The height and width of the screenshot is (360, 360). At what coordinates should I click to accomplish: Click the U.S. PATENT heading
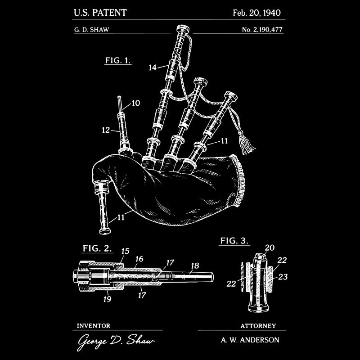(100, 13)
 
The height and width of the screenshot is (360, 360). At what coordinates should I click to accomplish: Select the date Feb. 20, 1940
(256, 13)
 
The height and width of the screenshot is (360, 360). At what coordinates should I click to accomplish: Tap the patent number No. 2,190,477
(262, 30)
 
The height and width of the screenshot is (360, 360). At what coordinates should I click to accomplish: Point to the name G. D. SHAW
(92, 30)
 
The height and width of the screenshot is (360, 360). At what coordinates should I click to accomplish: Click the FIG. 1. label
(118, 60)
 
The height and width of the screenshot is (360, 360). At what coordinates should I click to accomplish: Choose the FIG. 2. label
(97, 248)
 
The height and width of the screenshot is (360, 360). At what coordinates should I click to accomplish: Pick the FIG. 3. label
(234, 241)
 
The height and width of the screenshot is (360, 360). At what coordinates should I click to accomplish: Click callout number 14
(153, 67)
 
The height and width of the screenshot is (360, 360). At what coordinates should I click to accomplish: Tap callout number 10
(136, 103)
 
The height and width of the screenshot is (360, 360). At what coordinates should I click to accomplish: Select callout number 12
(106, 130)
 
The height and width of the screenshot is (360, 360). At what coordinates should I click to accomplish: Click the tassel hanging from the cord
(246, 142)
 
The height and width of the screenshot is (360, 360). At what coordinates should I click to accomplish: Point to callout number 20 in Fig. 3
(270, 247)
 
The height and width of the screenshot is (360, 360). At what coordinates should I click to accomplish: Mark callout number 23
(283, 277)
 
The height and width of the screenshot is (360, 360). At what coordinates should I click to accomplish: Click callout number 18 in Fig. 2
(195, 265)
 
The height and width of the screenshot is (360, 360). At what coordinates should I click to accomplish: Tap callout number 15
(125, 251)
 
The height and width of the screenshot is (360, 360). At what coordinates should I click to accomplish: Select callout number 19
(107, 299)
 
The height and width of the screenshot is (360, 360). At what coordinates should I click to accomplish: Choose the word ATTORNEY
(258, 326)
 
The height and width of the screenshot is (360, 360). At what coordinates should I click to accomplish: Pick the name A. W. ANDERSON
(250, 340)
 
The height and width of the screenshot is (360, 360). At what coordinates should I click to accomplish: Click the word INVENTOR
(94, 326)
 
